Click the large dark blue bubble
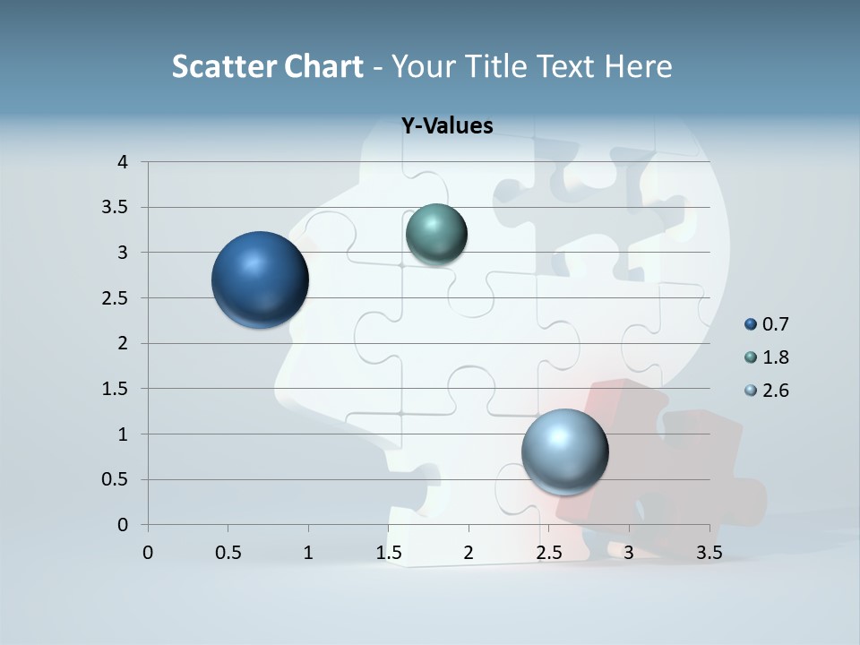point(260,279)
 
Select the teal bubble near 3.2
point(436,235)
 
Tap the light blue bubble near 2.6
point(564,451)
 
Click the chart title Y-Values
point(446,125)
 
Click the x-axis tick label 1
point(308,553)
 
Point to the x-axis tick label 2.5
point(548,553)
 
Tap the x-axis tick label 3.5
point(709,553)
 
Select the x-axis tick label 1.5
point(388,553)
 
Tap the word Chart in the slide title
point(323,66)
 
